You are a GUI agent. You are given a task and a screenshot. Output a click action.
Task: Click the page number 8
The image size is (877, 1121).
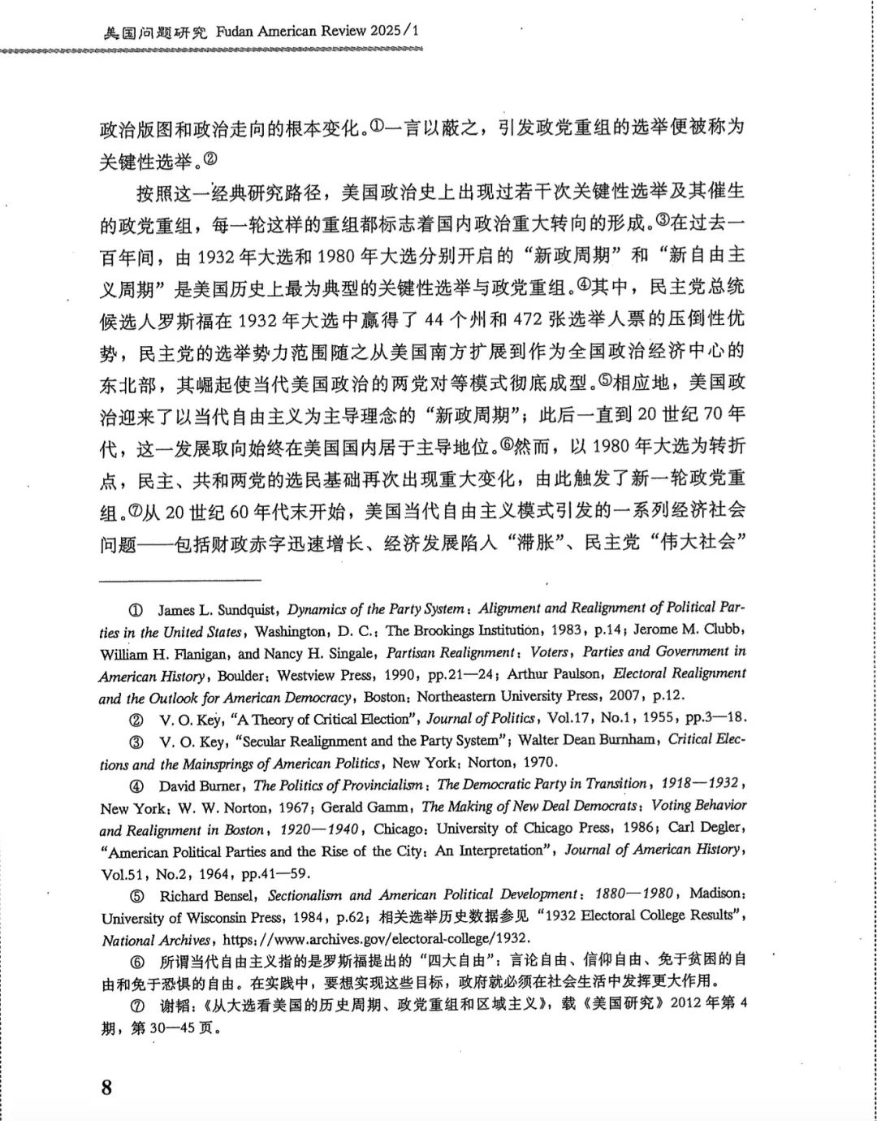pyautogui.click(x=106, y=1088)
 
